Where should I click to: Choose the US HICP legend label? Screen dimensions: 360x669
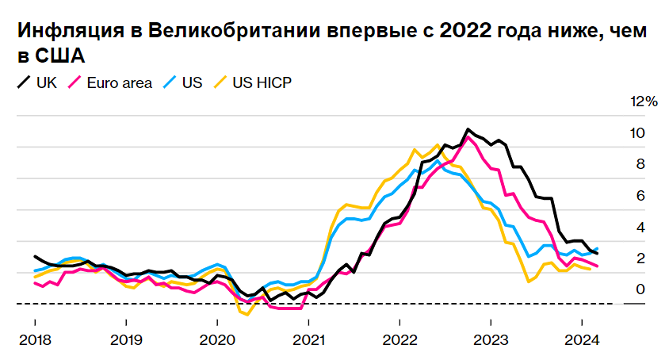(x=262, y=82)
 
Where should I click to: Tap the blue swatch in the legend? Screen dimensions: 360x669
(x=168, y=82)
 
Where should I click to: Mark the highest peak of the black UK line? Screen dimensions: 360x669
(x=468, y=128)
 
